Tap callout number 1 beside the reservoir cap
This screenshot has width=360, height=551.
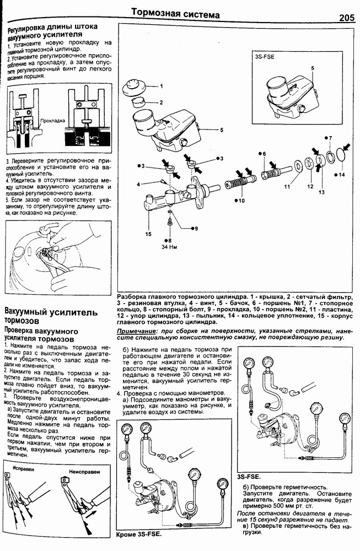162,87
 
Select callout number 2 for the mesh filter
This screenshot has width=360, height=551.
161,102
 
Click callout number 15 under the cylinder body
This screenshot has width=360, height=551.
148,234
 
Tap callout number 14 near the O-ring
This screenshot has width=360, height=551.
342,175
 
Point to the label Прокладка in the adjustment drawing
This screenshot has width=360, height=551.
53,120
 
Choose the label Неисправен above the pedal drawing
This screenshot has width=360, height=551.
83,472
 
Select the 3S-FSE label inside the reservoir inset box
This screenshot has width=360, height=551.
265,56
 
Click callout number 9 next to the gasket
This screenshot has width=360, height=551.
194,228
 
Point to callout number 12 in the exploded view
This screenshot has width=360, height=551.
309,186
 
